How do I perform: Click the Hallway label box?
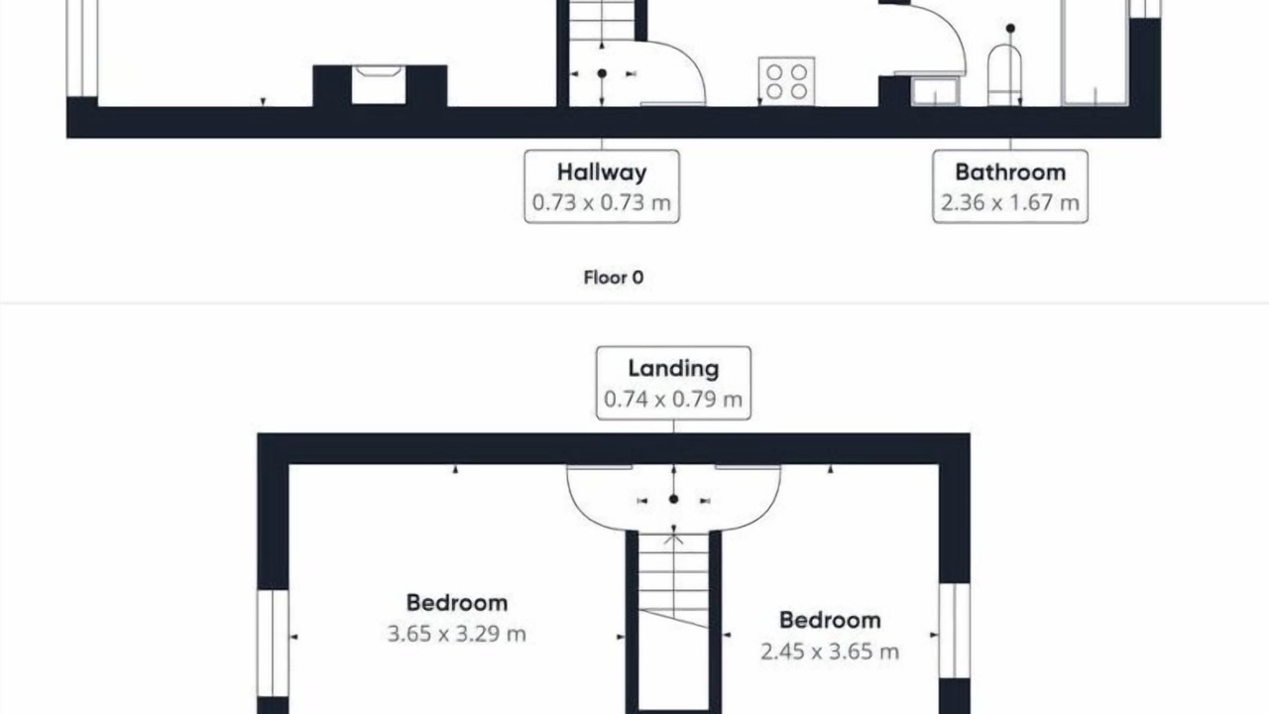[602, 186]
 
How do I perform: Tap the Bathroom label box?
[1010, 186]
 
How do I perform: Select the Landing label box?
[673, 383]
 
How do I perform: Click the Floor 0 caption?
[614, 278]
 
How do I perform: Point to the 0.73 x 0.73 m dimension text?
[602, 202]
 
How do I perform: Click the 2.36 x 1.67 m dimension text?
[1010, 202]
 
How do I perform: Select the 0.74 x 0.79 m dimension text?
[673, 399]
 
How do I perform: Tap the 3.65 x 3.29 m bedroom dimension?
[457, 634]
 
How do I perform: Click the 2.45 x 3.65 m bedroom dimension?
[830, 652]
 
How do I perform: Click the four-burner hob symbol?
[787, 81]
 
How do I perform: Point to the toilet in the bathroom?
[1004, 74]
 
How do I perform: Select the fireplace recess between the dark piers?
[379, 85]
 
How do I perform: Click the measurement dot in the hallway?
[602, 73]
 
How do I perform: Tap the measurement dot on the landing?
[673, 499]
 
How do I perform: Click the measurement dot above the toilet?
[1010, 28]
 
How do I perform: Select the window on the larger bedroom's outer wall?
[273, 644]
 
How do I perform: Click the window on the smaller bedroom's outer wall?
[955, 630]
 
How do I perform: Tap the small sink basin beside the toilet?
[935, 91]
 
